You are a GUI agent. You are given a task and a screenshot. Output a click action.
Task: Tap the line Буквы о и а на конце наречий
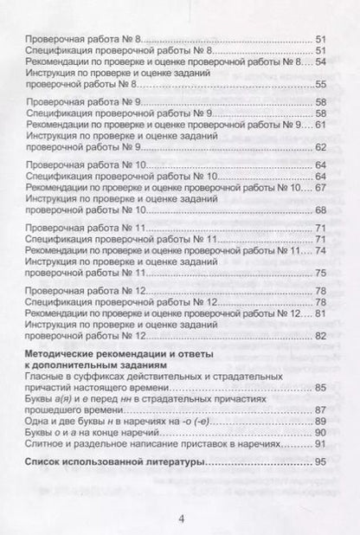tap(102, 431)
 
